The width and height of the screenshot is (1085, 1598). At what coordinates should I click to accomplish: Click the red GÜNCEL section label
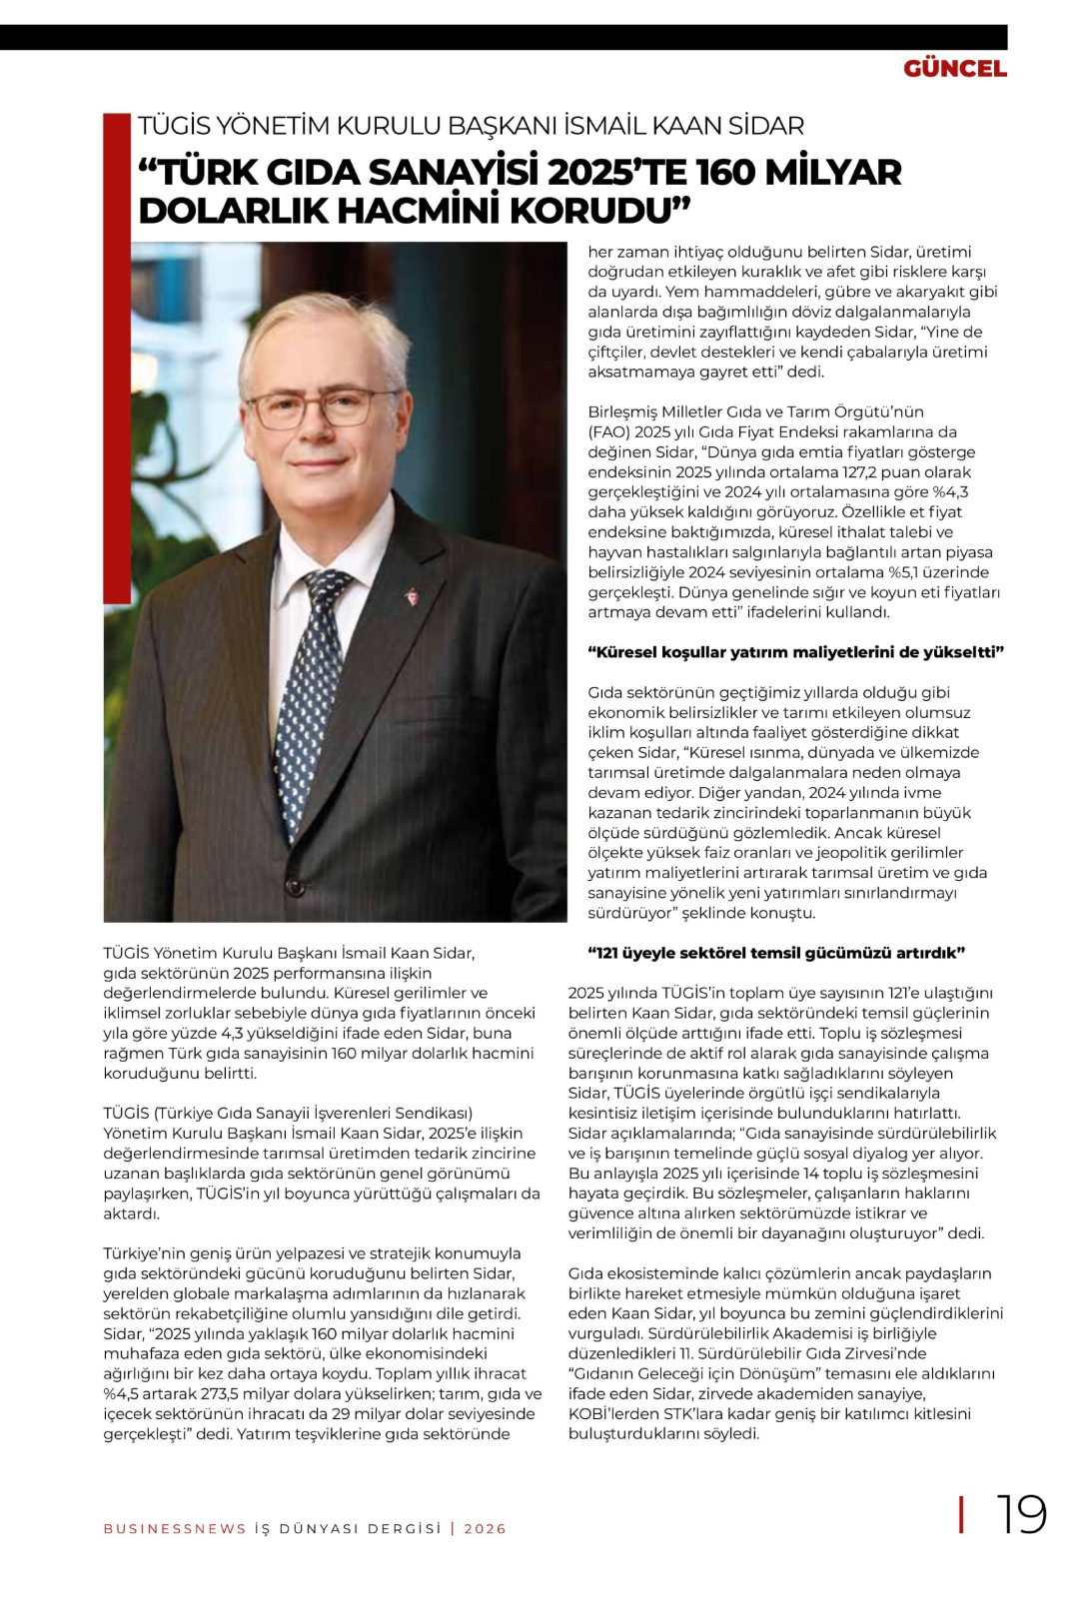[954, 69]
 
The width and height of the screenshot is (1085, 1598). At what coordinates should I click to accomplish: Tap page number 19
[1020, 1515]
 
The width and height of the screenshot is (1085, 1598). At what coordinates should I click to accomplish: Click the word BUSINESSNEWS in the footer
[175, 1529]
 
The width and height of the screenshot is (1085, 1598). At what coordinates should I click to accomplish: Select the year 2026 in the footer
[485, 1529]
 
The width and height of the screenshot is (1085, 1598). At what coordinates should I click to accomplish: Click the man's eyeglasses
[322, 407]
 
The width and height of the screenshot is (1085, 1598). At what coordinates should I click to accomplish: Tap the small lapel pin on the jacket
[410, 597]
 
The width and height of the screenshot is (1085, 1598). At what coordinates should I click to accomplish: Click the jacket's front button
[293, 886]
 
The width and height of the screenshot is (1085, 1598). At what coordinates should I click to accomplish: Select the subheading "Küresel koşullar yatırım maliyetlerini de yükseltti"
[795, 652]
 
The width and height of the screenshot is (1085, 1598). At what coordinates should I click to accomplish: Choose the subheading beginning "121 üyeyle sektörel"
[775, 953]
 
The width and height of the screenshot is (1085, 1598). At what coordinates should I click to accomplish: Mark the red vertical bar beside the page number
[961, 1515]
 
